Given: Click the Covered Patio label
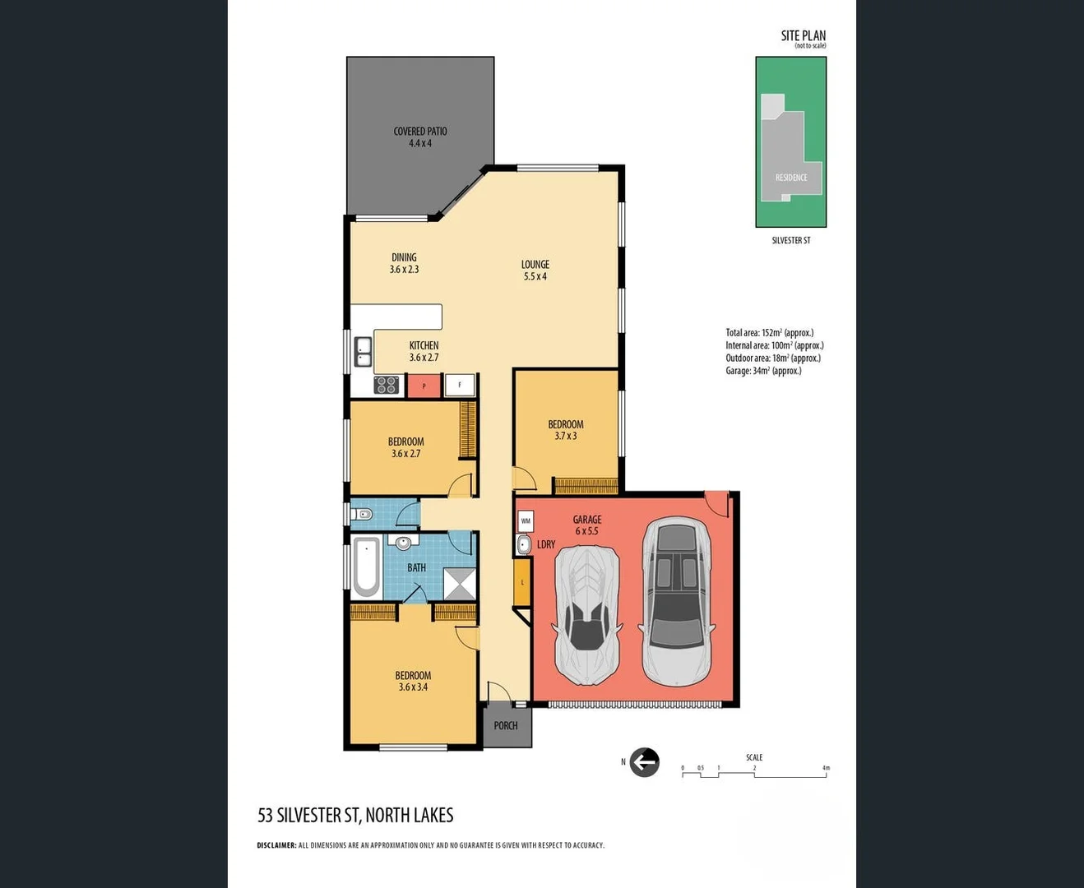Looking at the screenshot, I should pos(419,136).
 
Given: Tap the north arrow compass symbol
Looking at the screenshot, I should pos(644,762).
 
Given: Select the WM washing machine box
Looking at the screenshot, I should pos(526,520).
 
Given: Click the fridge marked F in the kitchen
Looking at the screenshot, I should pos(460,385).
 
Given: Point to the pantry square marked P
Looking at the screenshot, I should pos(424,386).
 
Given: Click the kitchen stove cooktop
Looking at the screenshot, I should pos(387,385).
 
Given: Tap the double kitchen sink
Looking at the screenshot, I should pos(363,352).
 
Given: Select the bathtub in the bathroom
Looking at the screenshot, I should pos(366,567).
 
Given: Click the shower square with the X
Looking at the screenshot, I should pos(460,584).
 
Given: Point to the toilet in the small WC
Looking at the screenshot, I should pos(363,515).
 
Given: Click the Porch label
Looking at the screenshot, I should pos(506,725).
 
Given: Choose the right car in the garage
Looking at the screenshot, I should pos(677,601).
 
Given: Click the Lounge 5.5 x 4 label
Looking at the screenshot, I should pos(535,271).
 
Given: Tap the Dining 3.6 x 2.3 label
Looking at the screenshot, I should pos(404,263).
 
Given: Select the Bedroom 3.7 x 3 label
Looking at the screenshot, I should pos(566,430).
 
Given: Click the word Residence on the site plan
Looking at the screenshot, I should pos(791,178).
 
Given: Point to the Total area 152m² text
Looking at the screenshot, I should pos(769,333).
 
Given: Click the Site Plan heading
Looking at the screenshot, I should pos(803,36).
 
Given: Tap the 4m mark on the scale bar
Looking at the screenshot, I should pos(826,769).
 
